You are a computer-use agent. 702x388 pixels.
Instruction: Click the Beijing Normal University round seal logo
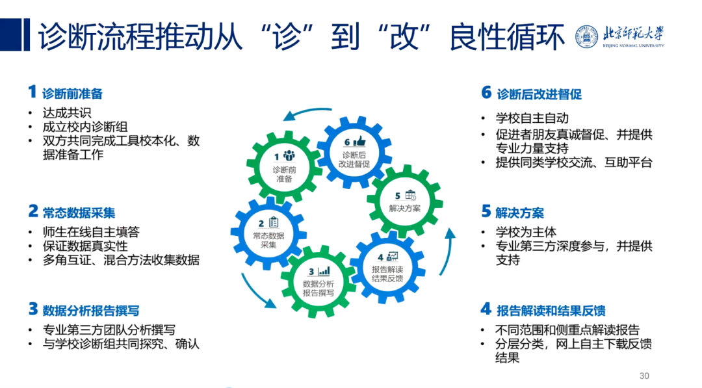click(586, 37)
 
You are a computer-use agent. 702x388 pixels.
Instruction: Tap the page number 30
click(644, 376)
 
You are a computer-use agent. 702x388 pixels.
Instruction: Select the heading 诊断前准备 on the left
click(72, 94)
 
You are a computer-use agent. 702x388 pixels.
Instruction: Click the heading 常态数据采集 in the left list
click(79, 213)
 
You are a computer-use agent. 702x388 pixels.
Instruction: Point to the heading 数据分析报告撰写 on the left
click(90, 310)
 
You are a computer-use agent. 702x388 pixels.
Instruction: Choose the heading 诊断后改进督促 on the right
click(539, 94)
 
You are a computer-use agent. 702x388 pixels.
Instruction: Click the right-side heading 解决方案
click(519, 213)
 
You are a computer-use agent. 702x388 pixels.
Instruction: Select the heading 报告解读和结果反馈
click(551, 310)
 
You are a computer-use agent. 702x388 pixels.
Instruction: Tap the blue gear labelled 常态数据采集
click(268, 232)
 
